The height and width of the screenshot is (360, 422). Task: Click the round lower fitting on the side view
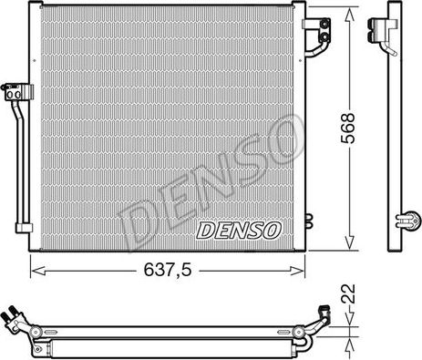[410, 219]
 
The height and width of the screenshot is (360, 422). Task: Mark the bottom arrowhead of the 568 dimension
[348, 243]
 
